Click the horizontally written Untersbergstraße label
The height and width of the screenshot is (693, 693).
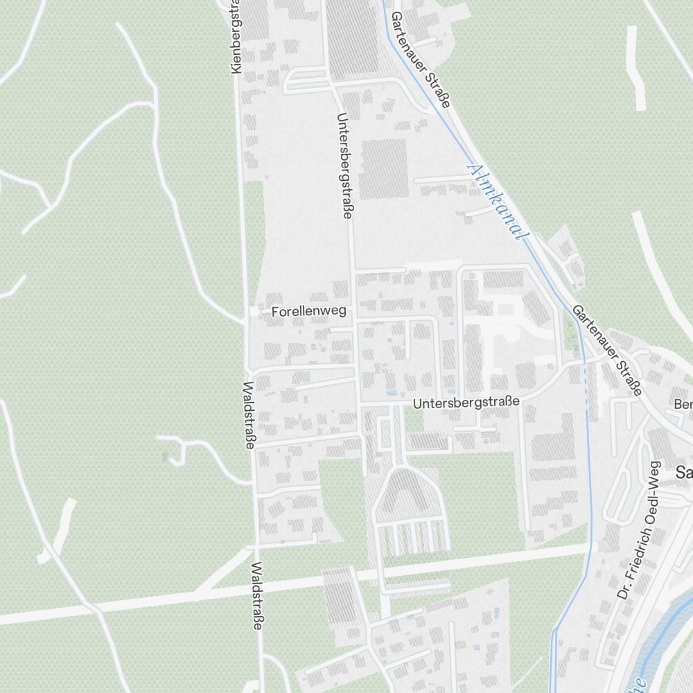[466, 402]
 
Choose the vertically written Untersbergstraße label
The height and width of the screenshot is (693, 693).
[343, 166]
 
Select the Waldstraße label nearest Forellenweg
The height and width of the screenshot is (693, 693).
[249, 415]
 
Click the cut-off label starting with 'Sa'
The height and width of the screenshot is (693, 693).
[684, 473]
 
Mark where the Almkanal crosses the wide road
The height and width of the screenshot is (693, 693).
[591, 546]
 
